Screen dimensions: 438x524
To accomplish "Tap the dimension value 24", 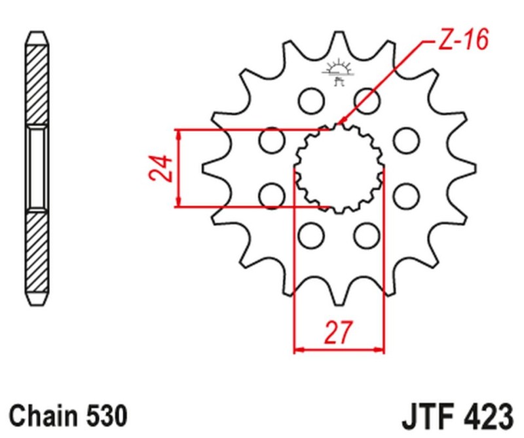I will [160, 169].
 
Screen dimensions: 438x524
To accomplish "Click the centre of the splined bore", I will [339, 168].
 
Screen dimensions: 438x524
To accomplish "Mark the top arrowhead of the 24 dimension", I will [178, 134].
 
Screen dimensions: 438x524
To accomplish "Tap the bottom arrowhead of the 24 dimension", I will [178, 203].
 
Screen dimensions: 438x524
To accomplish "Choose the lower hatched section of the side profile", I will [37, 256].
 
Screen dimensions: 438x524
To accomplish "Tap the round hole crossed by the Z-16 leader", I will [367, 100].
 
